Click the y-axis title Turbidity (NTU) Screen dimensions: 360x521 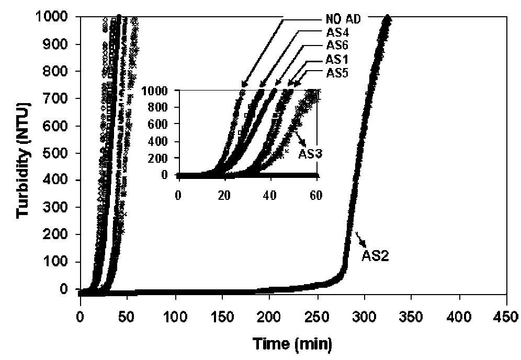point(24,160)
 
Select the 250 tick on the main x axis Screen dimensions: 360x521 point(317,317)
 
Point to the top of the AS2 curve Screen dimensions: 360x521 point(387,17)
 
